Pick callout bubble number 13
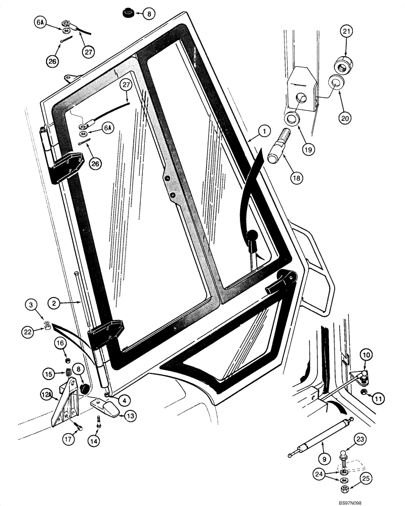130,416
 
